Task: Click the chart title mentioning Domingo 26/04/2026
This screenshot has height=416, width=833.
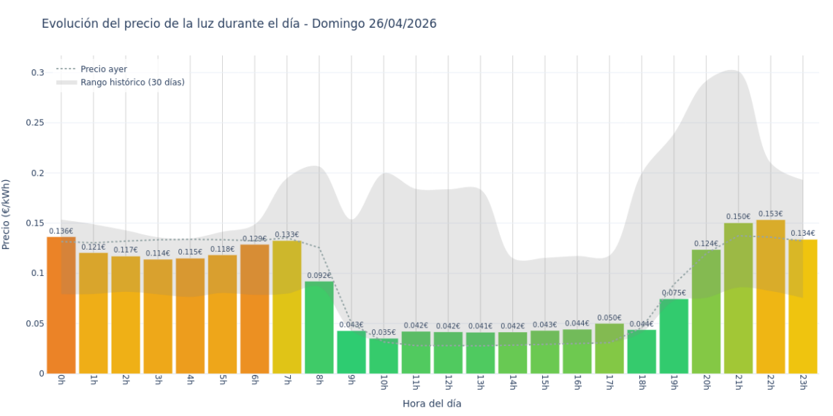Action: point(239,23)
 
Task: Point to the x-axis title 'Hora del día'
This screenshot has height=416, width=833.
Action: point(432,403)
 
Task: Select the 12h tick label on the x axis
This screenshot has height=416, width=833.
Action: point(448,382)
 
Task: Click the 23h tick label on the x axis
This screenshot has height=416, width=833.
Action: point(803,382)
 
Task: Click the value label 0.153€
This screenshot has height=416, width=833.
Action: point(771,214)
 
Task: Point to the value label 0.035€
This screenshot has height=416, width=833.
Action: point(384,333)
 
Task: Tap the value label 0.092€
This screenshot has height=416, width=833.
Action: point(319,276)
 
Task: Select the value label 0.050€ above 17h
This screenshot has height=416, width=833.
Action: point(609,317)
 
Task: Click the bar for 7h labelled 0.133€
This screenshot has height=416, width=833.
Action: point(287,307)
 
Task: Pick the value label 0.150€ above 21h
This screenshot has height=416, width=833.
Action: point(739,217)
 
